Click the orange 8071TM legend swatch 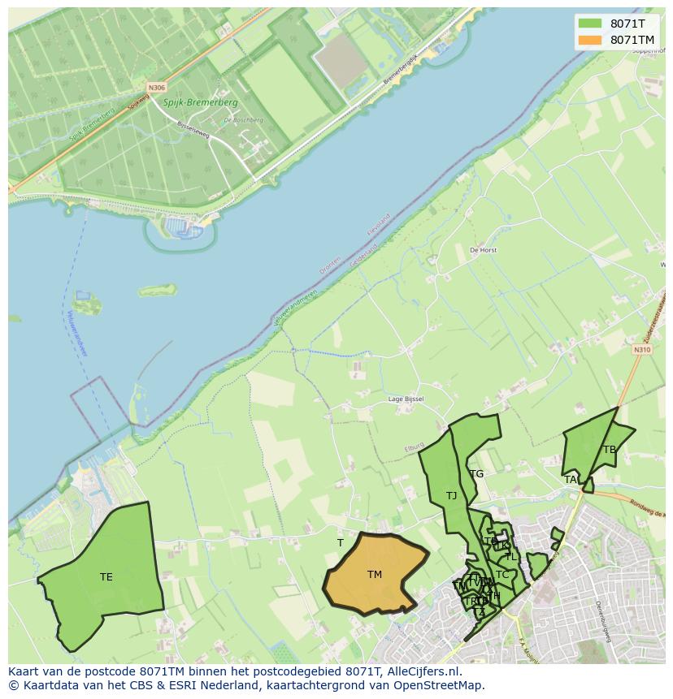click(x=590, y=40)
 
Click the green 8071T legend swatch click(x=590, y=24)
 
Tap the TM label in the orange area click(x=374, y=575)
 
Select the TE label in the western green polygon click(x=106, y=577)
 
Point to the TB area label click(x=610, y=450)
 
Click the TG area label click(x=477, y=474)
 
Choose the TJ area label click(x=451, y=495)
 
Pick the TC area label click(x=502, y=575)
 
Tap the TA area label click(x=571, y=480)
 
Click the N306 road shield click(x=156, y=87)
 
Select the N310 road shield click(x=642, y=350)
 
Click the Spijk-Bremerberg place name click(x=200, y=103)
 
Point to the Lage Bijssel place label click(x=406, y=399)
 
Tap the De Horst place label click(x=483, y=251)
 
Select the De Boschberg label click(x=242, y=120)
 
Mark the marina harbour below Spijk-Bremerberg click(x=182, y=228)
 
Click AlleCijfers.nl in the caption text click(x=422, y=671)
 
